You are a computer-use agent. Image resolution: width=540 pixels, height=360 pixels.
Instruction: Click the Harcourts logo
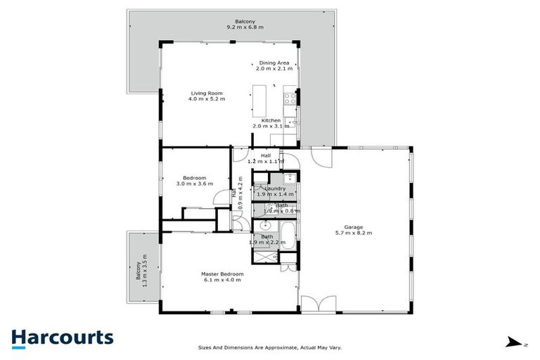point(62,337)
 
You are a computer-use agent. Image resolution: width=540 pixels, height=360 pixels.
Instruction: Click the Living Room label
point(207,93)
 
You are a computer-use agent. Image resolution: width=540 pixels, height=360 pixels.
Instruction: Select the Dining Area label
point(274,63)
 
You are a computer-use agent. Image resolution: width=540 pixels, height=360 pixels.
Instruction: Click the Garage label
point(354,227)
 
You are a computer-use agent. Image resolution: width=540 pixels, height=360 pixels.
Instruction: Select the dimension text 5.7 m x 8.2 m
point(354,233)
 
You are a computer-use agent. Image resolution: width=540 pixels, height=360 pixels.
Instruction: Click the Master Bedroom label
point(222,274)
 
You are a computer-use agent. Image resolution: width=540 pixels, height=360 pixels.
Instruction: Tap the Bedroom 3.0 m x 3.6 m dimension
point(194,184)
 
